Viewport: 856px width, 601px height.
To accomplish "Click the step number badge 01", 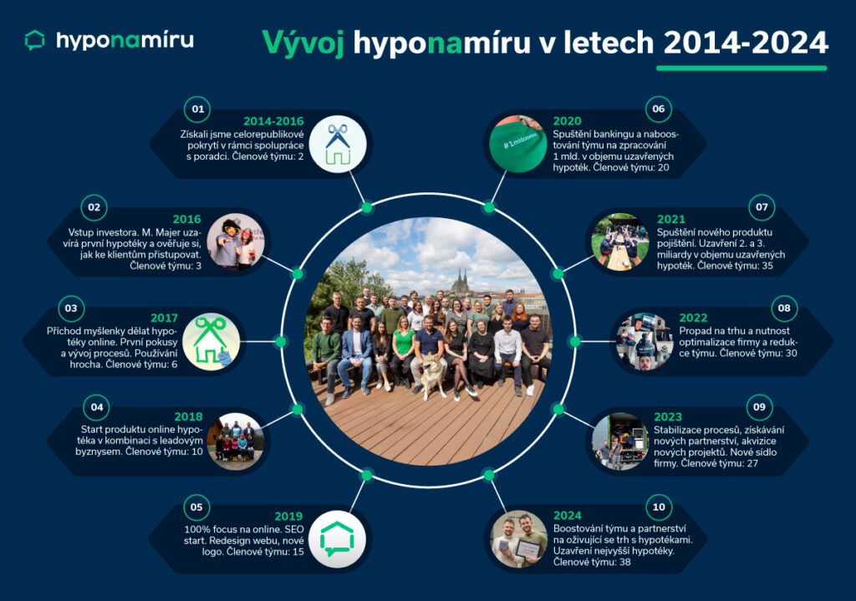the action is click(197, 110).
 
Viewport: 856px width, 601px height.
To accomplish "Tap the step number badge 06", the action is click(659, 109).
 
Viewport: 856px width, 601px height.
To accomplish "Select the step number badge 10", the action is click(659, 507).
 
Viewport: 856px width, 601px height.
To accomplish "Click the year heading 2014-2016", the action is click(273, 121).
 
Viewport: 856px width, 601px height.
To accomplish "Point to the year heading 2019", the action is click(288, 517).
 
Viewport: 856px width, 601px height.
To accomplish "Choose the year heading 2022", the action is click(693, 318).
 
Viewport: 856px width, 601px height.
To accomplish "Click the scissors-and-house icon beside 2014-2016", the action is click(338, 144).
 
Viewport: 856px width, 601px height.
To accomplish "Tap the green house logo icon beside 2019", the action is click(338, 539).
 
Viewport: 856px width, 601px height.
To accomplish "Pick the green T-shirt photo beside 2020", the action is click(517, 144).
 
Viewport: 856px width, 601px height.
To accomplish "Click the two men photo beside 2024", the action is click(518, 539).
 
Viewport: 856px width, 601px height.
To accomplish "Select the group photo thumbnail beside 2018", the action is click(235, 441).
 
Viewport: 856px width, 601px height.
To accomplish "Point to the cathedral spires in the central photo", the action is click(461, 280).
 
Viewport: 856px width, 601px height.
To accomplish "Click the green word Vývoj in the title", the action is click(303, 43).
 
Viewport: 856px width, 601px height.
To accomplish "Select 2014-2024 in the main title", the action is click(746, 43).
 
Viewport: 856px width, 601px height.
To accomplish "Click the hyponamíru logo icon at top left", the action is click(35, 40).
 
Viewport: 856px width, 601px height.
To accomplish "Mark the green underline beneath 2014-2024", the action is click(741, 69).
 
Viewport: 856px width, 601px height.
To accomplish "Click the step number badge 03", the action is click(71, 308).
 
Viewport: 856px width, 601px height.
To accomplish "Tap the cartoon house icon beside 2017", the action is click(211, 342).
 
